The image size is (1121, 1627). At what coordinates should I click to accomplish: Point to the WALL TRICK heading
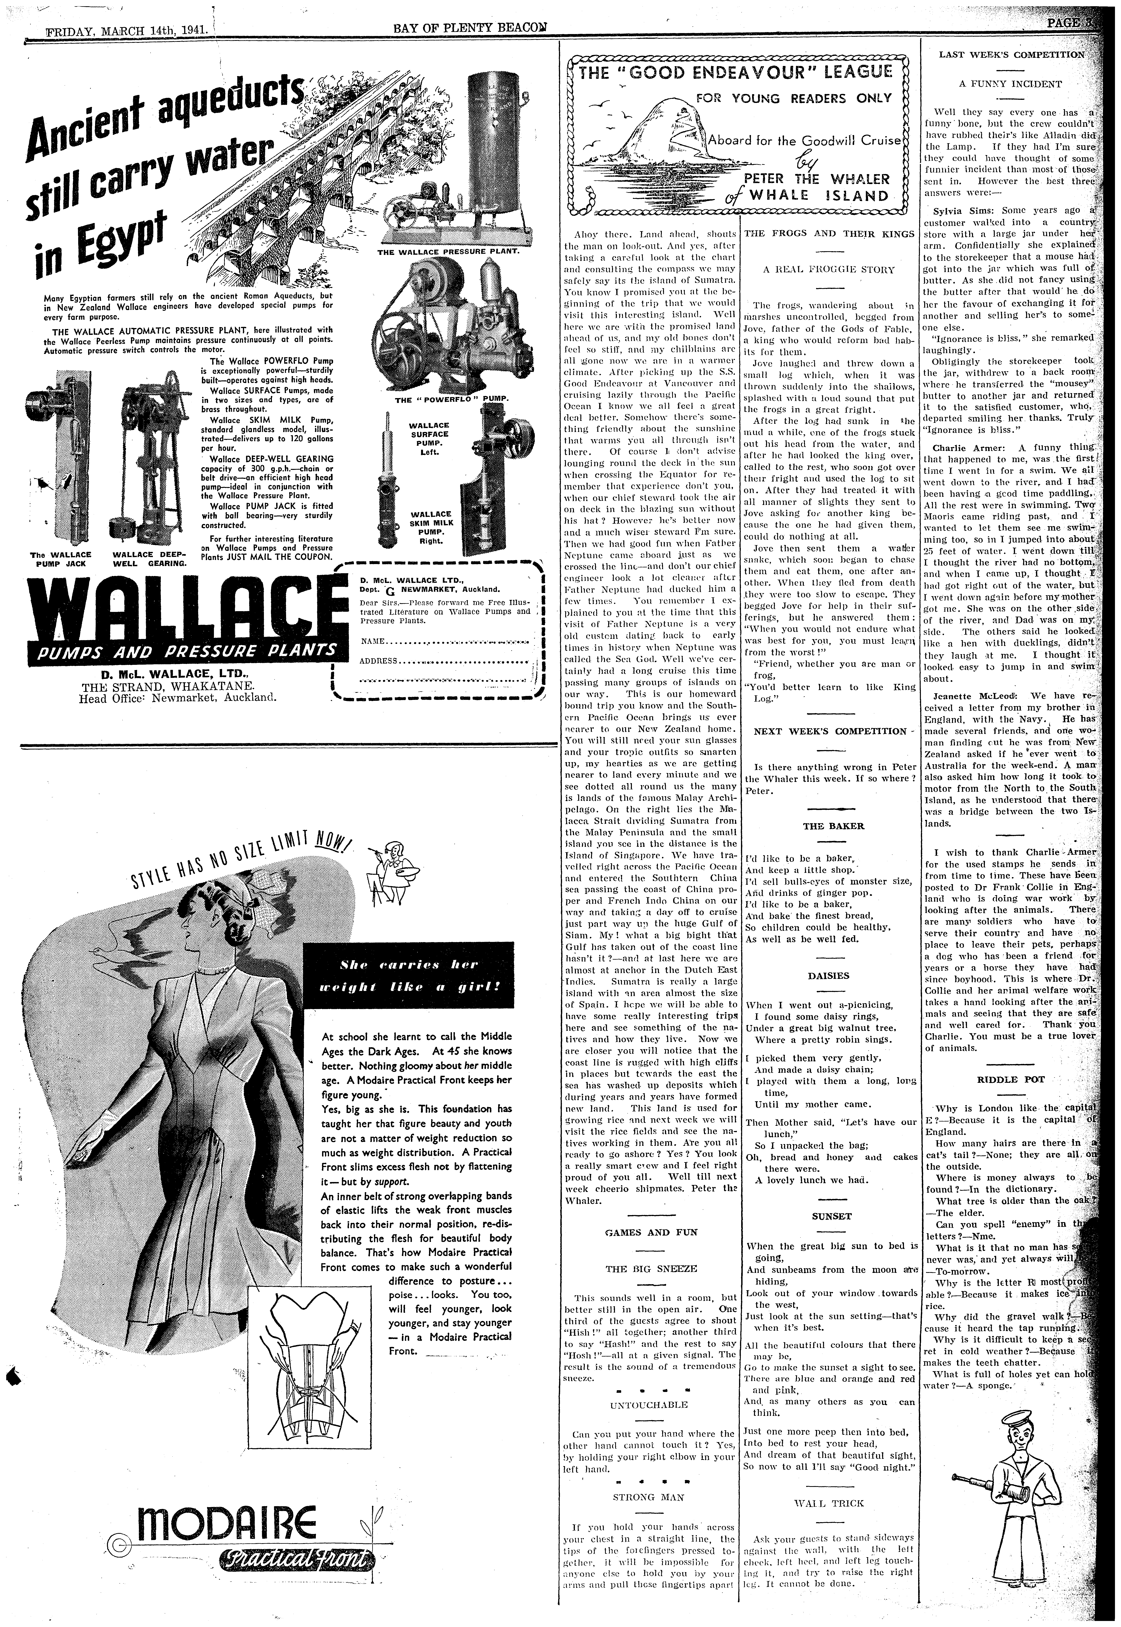pos(829,1503)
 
